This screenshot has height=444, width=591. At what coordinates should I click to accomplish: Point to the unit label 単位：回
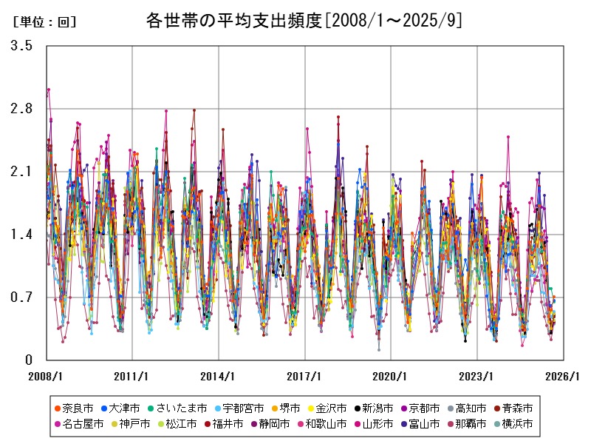45,21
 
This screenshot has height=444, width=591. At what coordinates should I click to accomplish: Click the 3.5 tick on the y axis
21,46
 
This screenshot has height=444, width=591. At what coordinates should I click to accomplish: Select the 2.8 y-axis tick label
21,109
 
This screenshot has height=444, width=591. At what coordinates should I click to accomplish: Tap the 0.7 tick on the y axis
21,297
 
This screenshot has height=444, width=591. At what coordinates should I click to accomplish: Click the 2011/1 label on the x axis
132,375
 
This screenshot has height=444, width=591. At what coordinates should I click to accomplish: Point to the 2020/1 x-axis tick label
391,375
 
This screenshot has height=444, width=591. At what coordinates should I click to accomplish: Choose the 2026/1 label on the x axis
564,375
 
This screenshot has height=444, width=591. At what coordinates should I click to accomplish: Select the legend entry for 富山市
425,424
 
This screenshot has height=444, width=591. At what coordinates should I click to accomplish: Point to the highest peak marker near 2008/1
49,90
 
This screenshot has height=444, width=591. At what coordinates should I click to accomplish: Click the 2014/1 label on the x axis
219,375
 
